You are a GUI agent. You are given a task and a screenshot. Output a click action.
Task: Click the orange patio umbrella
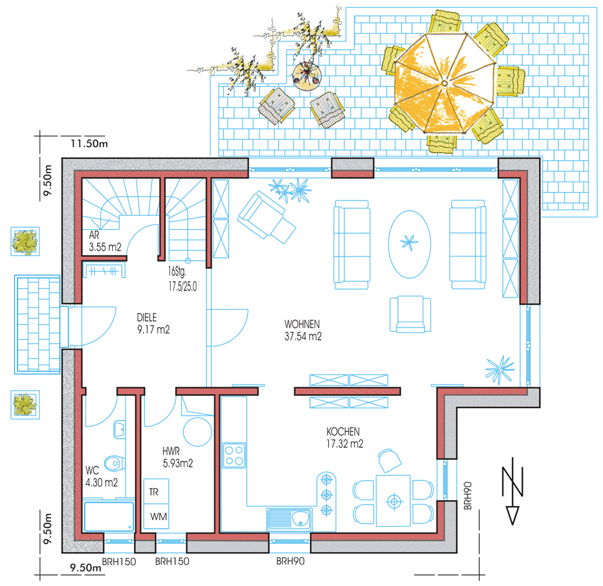coord(445,83)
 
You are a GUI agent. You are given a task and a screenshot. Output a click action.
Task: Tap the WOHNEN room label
coord(302,324)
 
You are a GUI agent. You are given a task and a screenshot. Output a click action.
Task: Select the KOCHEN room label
coord(343,432)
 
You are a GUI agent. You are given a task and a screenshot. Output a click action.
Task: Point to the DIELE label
coord(147,317)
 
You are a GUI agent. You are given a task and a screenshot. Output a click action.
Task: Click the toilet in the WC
coord(115,464)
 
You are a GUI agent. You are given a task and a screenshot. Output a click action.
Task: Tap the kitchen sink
coord(289,519)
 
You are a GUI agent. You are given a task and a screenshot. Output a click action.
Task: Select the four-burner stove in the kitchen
coord(234,455)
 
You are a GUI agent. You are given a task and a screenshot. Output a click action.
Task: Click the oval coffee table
coord(410,244)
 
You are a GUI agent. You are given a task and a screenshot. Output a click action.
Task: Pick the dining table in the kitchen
coord(393,501)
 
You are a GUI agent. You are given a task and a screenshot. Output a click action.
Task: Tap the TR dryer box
coord(156,492)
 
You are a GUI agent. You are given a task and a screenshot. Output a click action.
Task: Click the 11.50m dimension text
coord(89,144)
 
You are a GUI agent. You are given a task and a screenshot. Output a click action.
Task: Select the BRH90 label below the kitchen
coord(290,561)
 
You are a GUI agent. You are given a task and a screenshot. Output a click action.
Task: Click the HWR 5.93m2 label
coord(177,457)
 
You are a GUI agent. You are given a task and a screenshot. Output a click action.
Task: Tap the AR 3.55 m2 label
coord(105,241)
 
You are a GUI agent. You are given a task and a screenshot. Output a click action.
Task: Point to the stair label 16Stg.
coord(177,272)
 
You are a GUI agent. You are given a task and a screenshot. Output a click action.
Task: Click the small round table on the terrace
coord(307,76)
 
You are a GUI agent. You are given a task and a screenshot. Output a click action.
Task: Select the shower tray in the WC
coord(109,516)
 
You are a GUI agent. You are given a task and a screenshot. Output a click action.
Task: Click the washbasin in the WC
coord(119,430)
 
